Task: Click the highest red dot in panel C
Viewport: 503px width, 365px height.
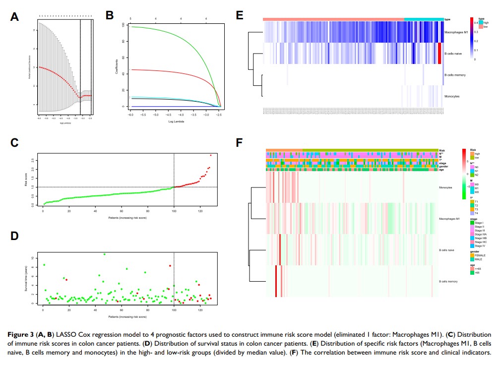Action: click(x=210, y=155)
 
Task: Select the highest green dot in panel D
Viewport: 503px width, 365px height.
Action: click(x=104, y=254)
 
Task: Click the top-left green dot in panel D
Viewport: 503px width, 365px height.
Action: click(x=44, y=265)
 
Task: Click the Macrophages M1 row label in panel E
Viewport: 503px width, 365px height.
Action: click(x=456, y=32)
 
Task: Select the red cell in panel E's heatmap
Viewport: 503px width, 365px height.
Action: click(x=440, y=53)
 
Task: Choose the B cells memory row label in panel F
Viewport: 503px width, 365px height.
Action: click(x=449, y=282)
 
